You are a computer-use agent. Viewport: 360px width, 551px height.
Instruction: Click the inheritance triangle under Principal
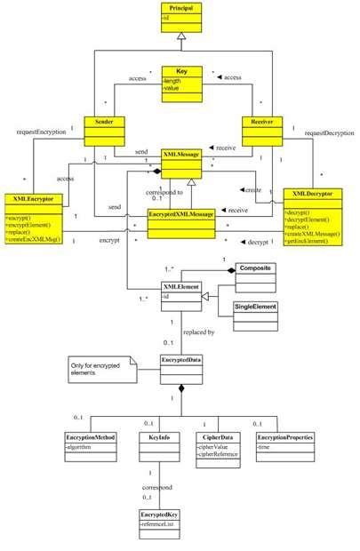click(x=180, y=36)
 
